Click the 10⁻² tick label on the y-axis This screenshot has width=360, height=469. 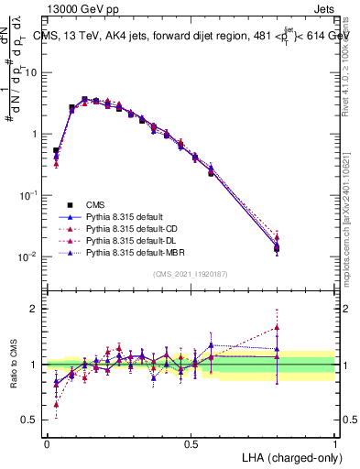pos(29,256)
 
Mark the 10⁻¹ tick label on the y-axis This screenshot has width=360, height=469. pos(29,195)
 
